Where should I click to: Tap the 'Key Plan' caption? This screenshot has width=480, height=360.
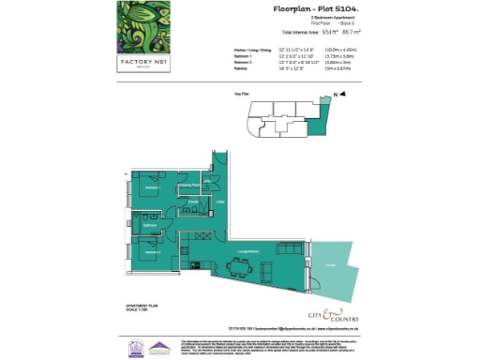241,95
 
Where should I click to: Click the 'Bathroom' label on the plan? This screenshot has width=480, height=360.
150,225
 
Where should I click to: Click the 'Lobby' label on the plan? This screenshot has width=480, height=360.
220,202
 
